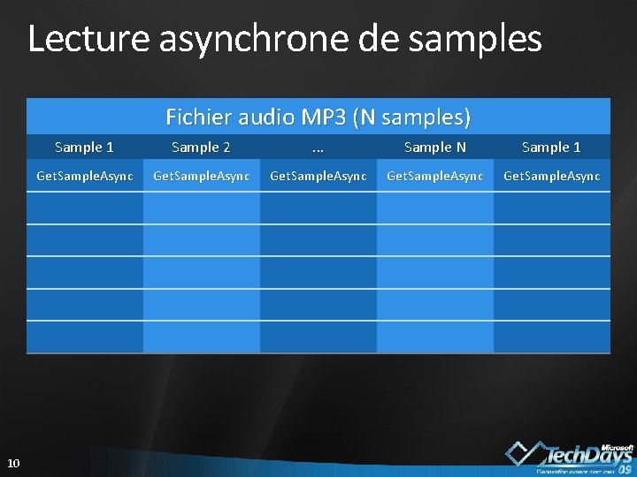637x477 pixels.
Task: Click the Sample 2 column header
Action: point(201,147)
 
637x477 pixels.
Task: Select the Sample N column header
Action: point(434,147)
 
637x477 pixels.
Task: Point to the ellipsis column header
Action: point(318,147)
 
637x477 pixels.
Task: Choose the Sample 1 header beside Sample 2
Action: point(84,147)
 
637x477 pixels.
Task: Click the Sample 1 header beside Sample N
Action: point(551,147)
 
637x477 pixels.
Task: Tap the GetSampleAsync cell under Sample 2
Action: point(201,177)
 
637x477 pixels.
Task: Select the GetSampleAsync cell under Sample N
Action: point(434,177)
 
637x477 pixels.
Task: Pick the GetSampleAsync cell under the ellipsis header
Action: point(318,177)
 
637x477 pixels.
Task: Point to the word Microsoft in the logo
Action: point(617,447)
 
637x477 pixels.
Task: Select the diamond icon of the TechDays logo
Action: point(523,452)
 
